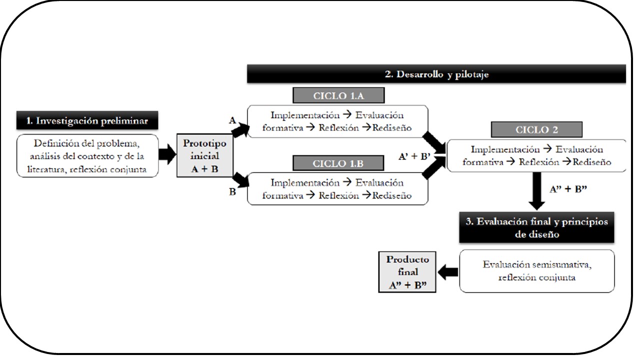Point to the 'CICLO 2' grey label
(x=536, y=129)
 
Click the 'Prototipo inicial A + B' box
(x=205, y=155)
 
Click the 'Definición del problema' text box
(x=87, y=155)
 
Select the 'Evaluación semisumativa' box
(x=536, y=270)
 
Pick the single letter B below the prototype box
(x=232, y=191)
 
